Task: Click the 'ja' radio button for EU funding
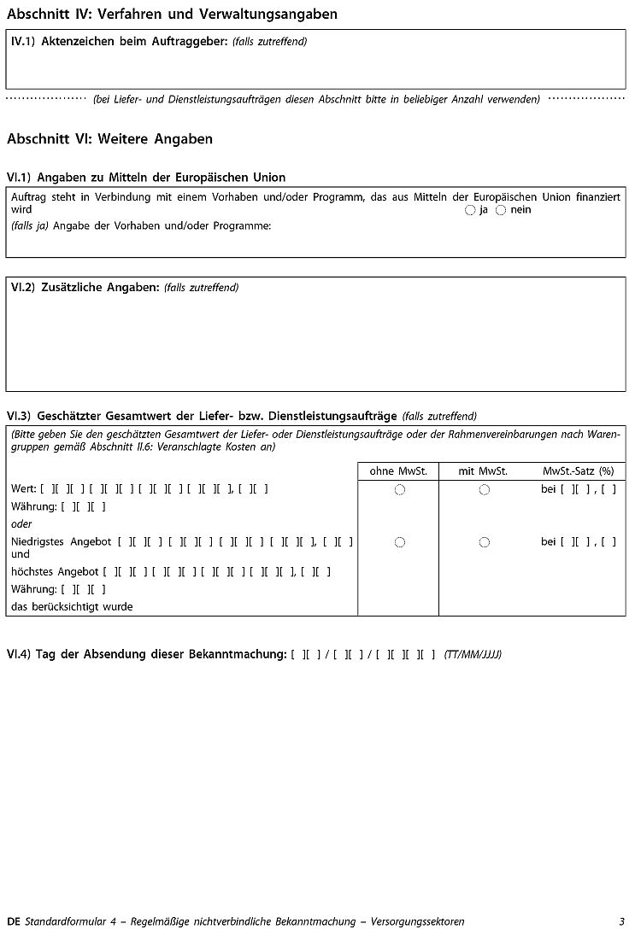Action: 470,210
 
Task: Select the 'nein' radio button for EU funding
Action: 501,210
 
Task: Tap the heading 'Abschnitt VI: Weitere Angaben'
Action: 109,138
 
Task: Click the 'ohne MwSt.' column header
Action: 398,470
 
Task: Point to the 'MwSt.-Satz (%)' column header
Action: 579,470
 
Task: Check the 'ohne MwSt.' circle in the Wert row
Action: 400,490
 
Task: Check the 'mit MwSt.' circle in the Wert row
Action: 485,490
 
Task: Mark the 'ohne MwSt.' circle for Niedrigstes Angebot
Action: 400,542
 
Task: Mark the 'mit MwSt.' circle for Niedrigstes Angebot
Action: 485,542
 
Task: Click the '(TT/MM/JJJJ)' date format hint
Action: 473,655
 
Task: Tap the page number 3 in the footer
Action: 622,921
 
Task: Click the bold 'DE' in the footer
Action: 13,921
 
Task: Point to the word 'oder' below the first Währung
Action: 22,524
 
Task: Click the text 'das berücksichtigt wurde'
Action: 72,607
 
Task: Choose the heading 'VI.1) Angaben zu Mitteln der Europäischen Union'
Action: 146,178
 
